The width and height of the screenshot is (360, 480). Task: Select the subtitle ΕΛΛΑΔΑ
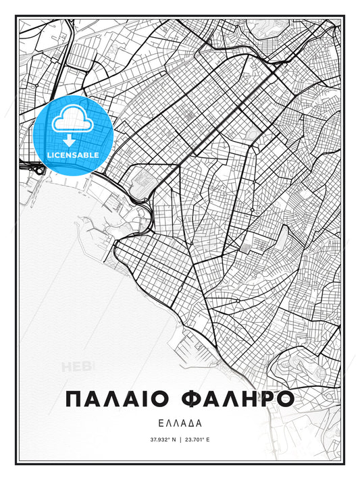pyautogui.click(x=180, y=423)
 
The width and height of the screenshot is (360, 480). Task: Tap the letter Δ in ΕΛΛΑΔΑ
pyautogui.click(x=194, y=423)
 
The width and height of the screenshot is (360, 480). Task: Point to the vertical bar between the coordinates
pyautogui.click(x=180, y=439)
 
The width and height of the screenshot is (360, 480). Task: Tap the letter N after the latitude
pyautogui.click(x=172, y=439)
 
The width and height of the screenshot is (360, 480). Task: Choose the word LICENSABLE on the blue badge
pyautogui.click(x=73, y=155)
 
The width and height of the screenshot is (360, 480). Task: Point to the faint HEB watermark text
pyautogui.click(x=76, y=367)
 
